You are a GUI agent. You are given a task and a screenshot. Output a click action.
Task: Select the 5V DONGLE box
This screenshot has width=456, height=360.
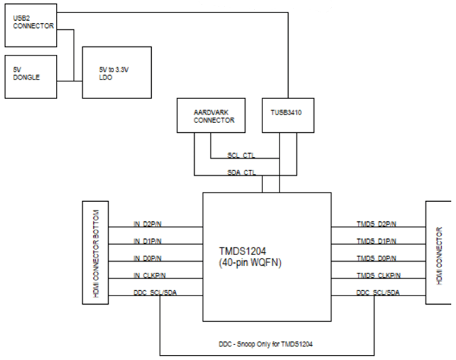click(30, 77)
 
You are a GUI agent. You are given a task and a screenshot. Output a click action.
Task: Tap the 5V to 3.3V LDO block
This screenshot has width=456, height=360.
click(117, 72)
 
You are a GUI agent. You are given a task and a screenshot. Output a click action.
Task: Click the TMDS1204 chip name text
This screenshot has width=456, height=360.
click(243, 251)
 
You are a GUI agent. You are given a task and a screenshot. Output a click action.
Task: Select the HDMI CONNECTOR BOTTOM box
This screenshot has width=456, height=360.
click(95, 252)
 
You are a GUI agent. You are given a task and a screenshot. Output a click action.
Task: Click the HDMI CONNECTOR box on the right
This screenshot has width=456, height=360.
click(440, 256)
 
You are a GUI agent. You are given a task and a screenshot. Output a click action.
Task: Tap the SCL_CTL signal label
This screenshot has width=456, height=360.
click(241, 156)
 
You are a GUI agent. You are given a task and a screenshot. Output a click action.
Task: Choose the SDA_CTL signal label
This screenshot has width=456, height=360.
click(241, 173)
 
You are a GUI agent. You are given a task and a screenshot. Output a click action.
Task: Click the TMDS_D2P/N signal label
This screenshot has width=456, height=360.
click(373, 224)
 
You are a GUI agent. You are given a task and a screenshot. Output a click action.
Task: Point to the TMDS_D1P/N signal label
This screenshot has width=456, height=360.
click(373, 241)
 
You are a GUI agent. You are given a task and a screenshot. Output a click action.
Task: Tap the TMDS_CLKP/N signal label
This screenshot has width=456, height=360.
click(375, 275)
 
